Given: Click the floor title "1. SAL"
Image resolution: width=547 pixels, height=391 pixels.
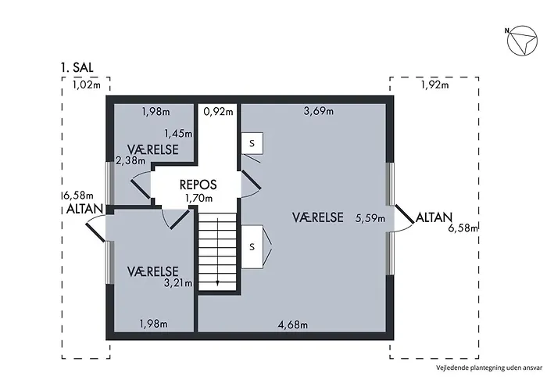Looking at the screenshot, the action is click(x=77, y=67).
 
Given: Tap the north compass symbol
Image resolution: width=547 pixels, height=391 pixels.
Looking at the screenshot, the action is click(x=522, y=41).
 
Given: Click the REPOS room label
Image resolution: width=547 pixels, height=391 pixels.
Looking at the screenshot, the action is click(x=198, y=185).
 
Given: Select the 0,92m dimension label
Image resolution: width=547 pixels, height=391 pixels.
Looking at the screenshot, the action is click(x=218, y=112).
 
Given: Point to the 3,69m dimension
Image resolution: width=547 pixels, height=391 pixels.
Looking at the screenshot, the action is click(x=319, y=111).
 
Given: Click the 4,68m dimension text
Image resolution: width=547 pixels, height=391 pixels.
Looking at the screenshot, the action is click(x=293, y=325).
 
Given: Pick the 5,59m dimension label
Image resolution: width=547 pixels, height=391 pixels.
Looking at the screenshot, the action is click(x=370, y=218).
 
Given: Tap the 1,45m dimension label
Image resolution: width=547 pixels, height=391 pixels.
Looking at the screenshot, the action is click(x=178, y=134).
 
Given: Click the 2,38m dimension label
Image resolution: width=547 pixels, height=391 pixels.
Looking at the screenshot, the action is click(x=130, y=161).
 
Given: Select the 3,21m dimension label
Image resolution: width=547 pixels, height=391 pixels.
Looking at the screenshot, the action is click(x=178, y=283).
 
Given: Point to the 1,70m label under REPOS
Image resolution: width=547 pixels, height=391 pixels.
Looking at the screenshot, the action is click(x=198, y=199).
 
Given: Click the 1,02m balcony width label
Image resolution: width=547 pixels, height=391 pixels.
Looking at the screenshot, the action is click(x=87, y=84).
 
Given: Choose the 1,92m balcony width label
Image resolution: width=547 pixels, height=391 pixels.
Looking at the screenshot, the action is click(x=434, y=84).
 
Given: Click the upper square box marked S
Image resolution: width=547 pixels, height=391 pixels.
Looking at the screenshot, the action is click(x=252, y=143).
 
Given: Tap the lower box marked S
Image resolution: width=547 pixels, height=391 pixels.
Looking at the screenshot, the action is click(x=252, y=247).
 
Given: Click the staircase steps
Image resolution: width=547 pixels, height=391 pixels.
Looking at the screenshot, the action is click(x=218, y=252).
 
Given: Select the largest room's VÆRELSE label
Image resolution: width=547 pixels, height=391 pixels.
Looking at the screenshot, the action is click(x=317, y=217).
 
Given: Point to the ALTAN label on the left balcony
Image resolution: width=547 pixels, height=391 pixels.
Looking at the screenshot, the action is click(x=84, y=209).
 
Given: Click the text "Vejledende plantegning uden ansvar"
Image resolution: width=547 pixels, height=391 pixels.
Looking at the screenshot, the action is click(x=489, y=368).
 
